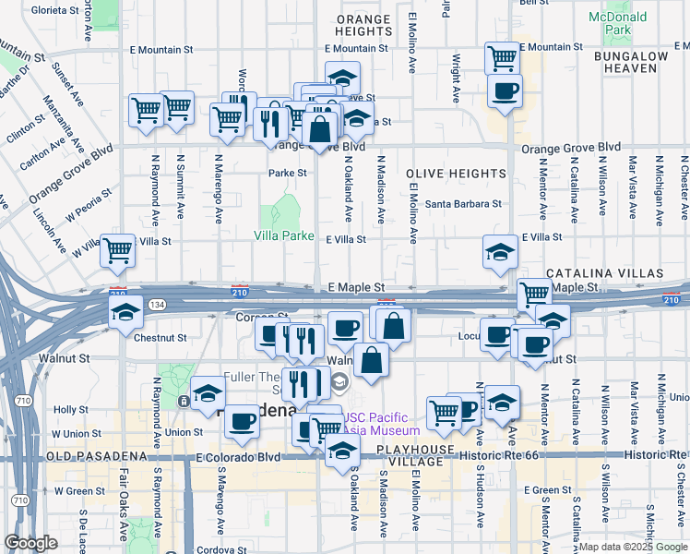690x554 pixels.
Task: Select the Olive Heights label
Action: coord(454,174)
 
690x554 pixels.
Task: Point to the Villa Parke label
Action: coord(284,235)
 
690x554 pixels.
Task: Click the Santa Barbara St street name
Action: coord(463,204)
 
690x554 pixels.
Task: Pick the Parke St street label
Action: coord(287,173)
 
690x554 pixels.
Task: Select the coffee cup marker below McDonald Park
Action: coord(505,91)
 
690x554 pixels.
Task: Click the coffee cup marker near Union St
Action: coord(243,421)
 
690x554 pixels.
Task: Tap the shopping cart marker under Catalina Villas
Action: coord(534,295)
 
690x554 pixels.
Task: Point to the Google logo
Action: coord(30,543)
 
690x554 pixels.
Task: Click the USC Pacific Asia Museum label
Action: coord(380,423)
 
